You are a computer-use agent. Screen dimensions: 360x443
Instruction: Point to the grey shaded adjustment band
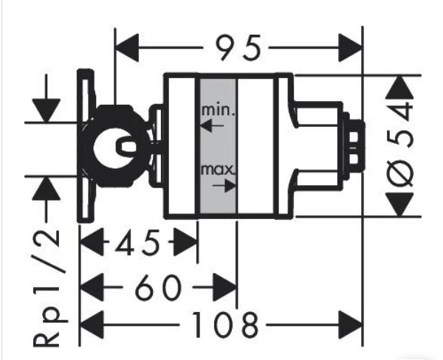click(x=217, y=148)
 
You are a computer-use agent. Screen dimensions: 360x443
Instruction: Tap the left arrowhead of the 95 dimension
click(x=130, y=48)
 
